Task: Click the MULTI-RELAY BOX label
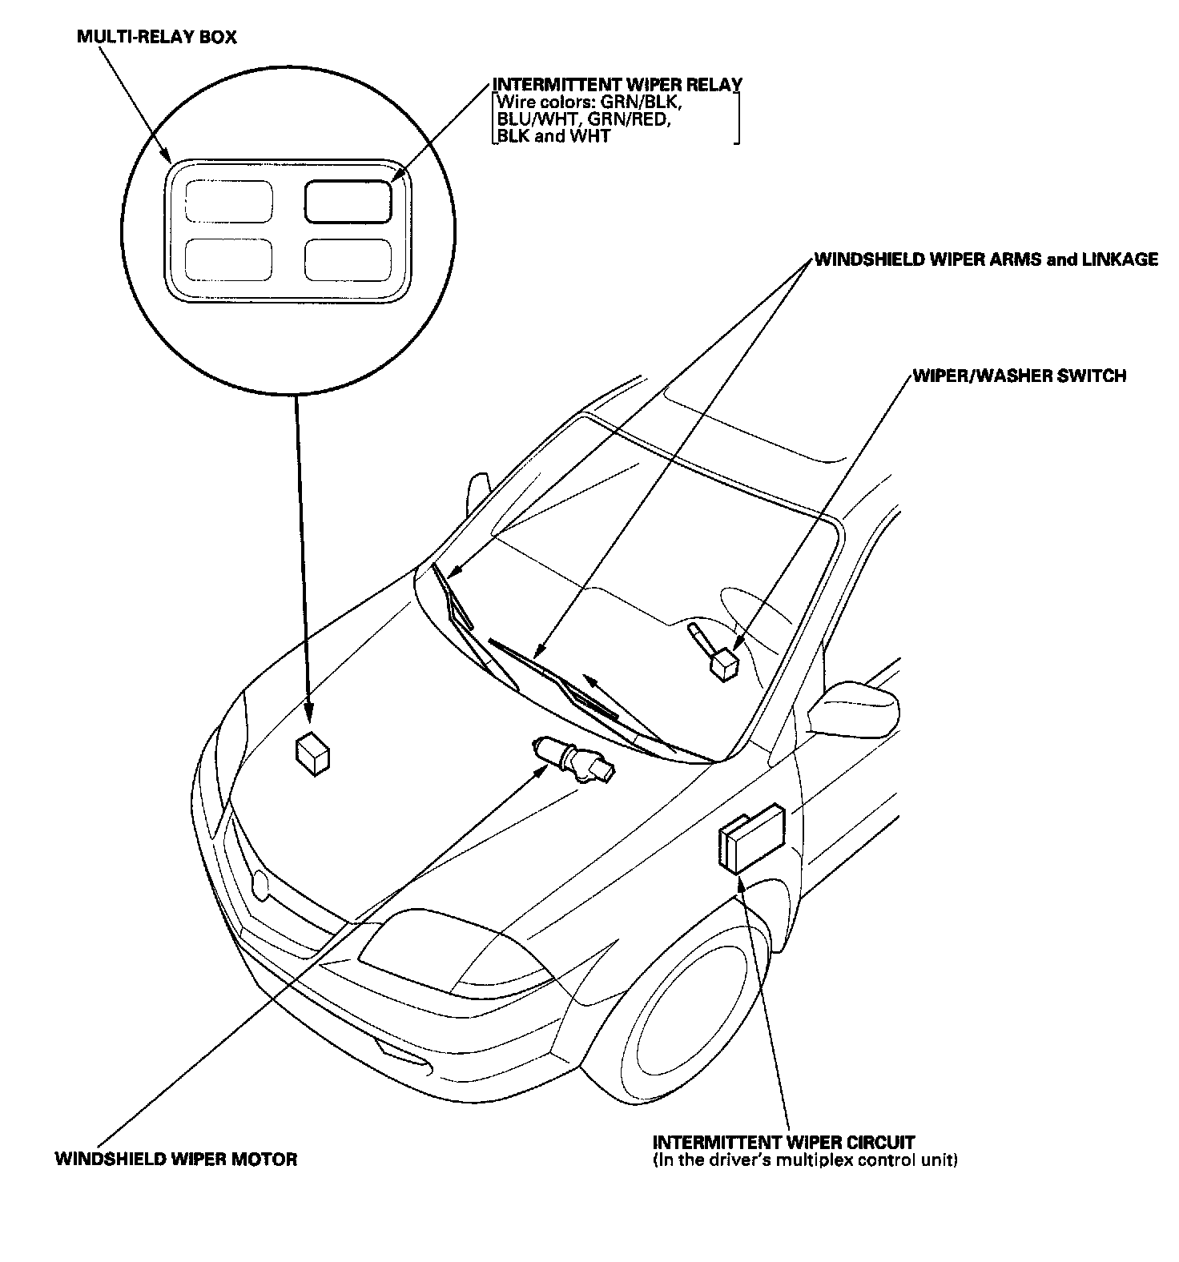tap(156, 38)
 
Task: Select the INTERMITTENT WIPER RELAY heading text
tap(617, 85)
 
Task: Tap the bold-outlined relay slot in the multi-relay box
tap(348, 200)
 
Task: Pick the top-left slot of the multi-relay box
tap(228, 200)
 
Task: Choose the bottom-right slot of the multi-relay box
tap(348, 259)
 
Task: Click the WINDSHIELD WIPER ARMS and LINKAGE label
tap(985, 259)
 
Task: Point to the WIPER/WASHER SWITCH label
tap(1020, 376)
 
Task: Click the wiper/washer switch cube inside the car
tap(724, 664)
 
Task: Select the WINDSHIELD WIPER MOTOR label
tap(176, 1159)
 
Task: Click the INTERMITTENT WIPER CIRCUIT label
tap(783, 1143)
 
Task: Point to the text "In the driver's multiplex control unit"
tap(805, 1160)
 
